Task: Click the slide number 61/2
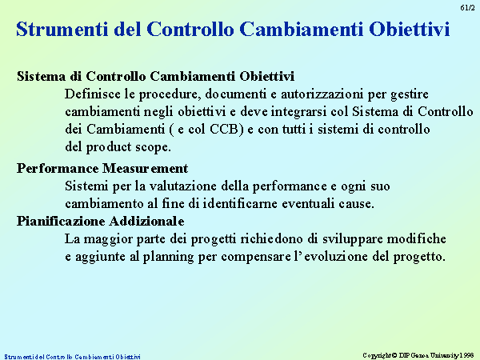point(467,8)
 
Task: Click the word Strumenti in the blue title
point(62,29)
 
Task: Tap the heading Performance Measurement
point(102,168)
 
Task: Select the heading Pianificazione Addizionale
point(101,221)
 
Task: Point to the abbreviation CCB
point(224,129)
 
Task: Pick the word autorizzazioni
point(322,94)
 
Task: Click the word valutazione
point(182,186)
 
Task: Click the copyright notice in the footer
point(418,355)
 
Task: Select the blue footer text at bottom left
point(72,357)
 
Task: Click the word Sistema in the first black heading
point(41,76)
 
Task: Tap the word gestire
point(410,94)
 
